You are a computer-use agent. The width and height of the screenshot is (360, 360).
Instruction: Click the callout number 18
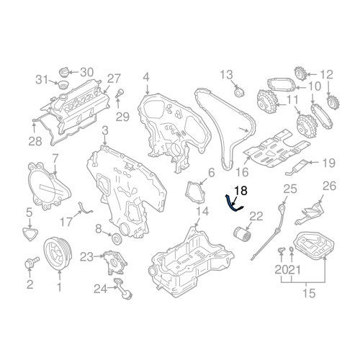240,191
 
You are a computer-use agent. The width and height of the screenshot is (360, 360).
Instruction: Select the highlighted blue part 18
233,202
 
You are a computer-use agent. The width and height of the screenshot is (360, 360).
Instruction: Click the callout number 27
114,78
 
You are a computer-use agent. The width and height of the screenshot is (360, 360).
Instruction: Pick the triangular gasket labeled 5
30,232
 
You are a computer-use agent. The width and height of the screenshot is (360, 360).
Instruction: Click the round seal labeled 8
117,239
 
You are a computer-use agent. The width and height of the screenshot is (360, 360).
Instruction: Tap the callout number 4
145,77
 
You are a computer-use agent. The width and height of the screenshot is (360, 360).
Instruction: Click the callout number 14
203,212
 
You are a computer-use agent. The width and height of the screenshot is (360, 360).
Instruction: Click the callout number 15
308,294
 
